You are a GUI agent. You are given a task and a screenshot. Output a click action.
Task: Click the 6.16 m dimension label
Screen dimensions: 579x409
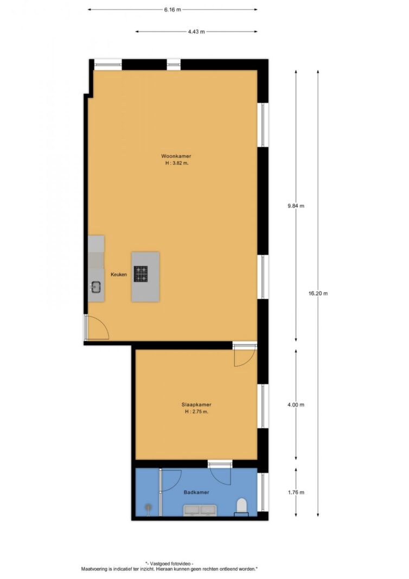coord(172,9)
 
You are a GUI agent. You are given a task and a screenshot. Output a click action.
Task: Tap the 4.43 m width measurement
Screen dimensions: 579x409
coord(196,31)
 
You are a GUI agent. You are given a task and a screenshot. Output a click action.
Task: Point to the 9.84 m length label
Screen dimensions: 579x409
coord(296,206)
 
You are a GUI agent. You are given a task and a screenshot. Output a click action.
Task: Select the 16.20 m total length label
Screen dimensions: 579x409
coord(318,293)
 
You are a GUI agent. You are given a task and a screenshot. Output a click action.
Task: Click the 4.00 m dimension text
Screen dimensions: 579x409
coord(296,405)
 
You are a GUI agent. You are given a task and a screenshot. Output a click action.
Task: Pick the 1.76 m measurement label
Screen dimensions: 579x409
coord(296,493)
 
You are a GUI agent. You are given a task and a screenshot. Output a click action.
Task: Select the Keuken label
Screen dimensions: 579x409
coord(119,275)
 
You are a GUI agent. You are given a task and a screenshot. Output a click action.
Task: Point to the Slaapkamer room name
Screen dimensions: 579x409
coord(196,404)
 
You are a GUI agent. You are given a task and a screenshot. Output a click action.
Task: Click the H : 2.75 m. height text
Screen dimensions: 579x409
coord(196,411)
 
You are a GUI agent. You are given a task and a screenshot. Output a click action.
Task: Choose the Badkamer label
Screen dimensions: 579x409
coord(196,492)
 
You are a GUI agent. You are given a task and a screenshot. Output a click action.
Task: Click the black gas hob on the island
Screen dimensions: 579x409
coord(142,273)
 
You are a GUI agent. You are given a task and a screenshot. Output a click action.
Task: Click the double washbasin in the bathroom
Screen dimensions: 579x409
coord(200,510)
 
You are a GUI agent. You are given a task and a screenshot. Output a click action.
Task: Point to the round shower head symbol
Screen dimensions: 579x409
coord(147,508)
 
